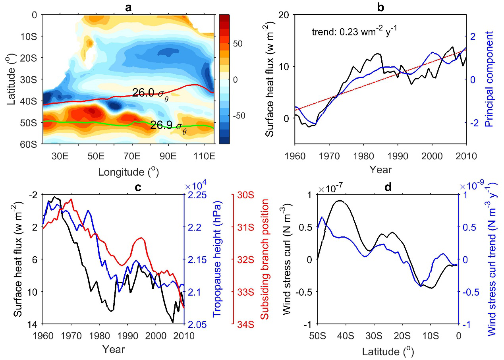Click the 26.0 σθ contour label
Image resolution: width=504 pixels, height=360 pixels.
[x=151, y=94]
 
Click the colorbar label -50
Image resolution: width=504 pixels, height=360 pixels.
[x=228, y=116]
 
